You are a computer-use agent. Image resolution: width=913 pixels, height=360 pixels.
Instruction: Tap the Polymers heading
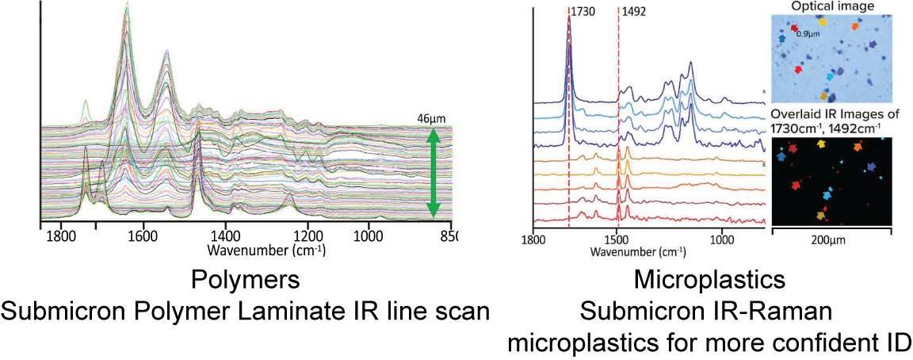[246, 280]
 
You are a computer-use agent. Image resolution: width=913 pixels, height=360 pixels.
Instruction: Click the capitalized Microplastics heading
[710, 280]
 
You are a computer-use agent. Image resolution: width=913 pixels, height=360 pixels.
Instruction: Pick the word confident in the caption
[804, 343]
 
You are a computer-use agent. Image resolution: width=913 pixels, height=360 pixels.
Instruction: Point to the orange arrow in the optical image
[855, 26]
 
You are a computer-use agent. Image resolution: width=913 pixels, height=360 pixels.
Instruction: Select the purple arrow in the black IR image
[871, 167]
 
